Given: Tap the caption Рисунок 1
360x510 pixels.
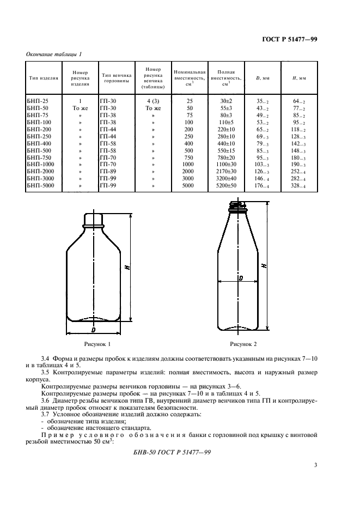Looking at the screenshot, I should click(97, 344).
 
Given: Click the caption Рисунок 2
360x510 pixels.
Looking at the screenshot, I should click(243, 344).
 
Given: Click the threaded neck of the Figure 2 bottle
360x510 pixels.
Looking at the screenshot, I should click(238, 207).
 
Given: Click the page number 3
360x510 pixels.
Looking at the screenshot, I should click(315, 465).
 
